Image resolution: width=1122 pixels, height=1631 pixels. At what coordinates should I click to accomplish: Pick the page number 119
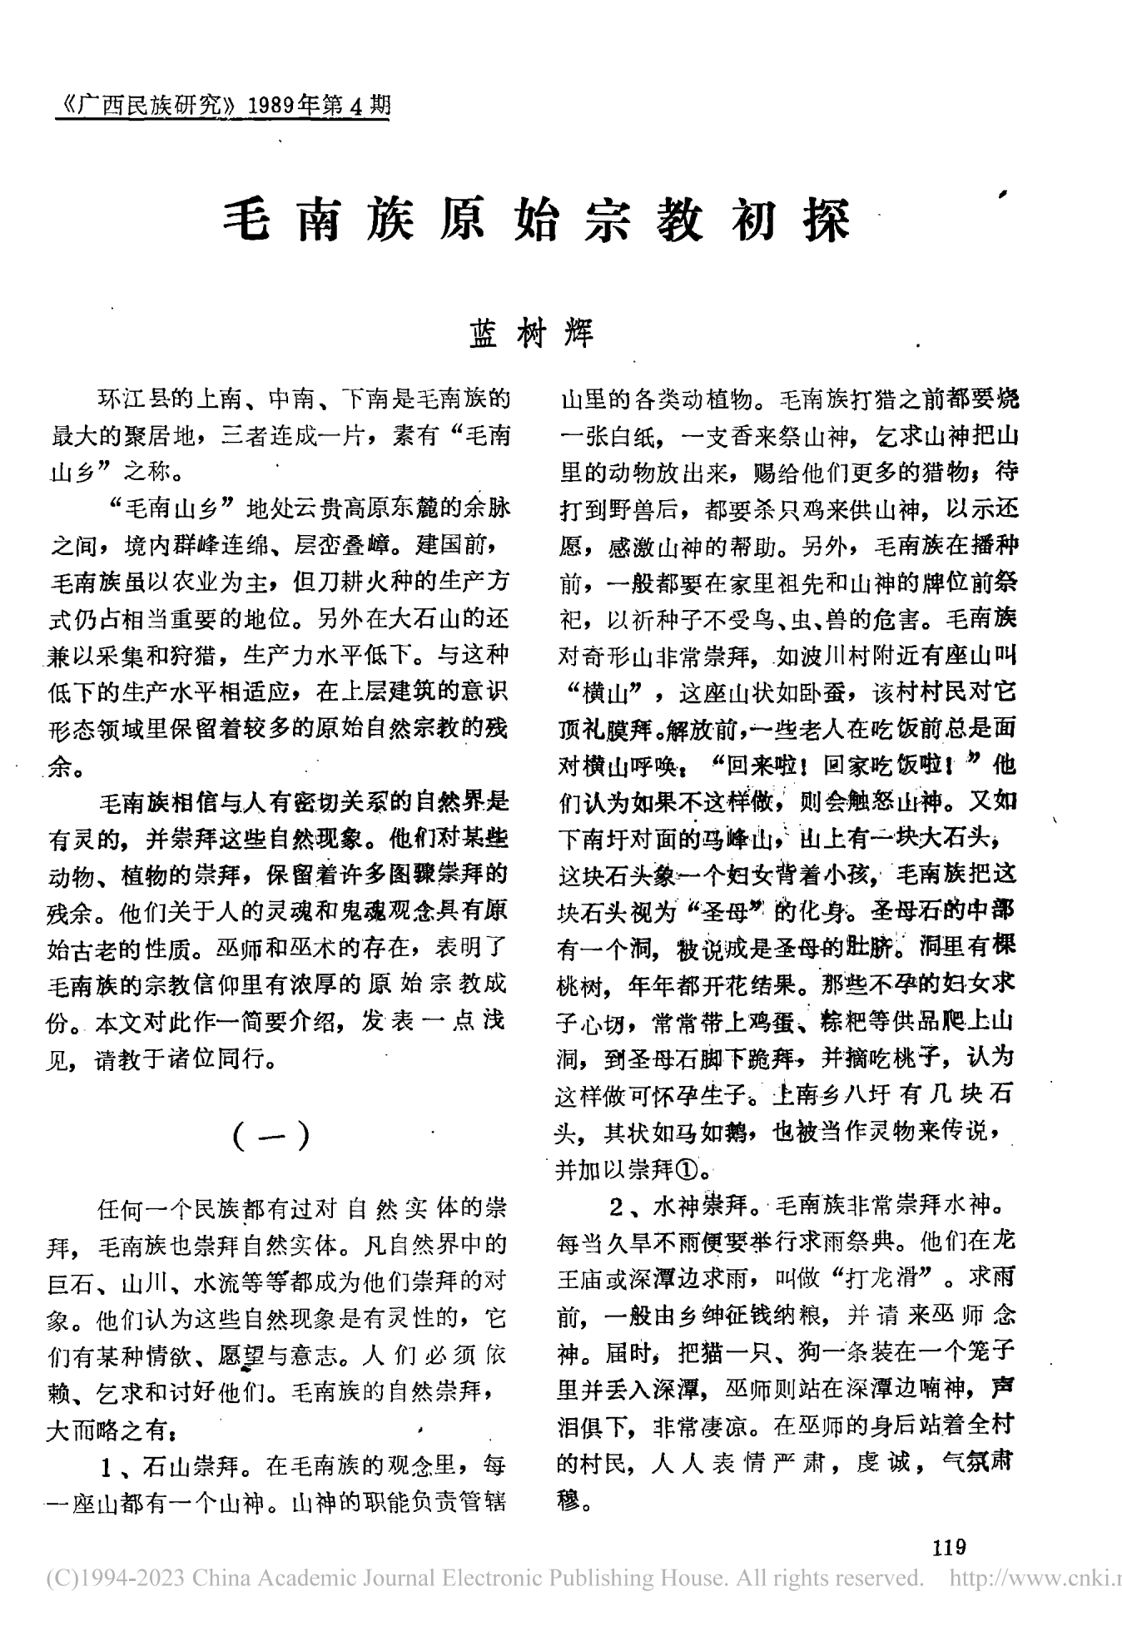point(949,1547)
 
